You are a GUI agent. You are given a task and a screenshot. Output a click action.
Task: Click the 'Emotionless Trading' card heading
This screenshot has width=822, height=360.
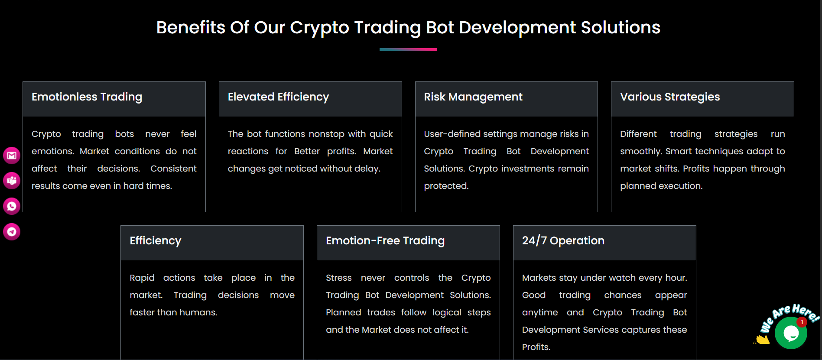pos(87,97)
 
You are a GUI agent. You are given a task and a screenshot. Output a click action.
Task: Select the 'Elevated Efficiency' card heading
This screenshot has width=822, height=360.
pos(278,97)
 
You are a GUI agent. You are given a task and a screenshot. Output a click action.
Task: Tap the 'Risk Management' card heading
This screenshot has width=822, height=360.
pos(473,97)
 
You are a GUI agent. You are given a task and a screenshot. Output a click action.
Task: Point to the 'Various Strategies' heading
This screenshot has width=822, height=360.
pos(669,97)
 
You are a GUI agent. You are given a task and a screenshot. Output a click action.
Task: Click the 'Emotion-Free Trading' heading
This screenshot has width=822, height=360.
pos(385,241)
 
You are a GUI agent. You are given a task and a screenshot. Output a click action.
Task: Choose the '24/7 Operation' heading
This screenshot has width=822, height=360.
pos(563,241)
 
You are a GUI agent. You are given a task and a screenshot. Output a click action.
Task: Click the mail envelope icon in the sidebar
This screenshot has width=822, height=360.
pos(12,156)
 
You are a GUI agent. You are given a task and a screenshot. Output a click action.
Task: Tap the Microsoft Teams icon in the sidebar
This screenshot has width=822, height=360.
pos(12,181)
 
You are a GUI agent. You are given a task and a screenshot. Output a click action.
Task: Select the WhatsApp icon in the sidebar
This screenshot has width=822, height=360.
pos(12,206)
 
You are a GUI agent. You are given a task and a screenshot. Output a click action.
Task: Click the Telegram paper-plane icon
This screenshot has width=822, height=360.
pos(12,232)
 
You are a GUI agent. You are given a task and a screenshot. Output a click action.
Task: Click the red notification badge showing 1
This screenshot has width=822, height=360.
pos(802,322)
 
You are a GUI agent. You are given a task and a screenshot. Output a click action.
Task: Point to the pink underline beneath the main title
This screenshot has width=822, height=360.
pos(408,50)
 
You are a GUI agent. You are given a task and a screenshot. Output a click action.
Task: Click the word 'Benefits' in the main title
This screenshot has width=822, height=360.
pos(191,28)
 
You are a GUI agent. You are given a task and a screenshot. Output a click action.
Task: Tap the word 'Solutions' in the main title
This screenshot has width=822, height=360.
pos(620,28)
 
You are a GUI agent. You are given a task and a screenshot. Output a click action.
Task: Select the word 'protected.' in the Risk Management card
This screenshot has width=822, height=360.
pos(446,186)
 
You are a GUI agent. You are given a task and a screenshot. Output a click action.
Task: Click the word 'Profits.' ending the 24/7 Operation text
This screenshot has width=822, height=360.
pos(536,347)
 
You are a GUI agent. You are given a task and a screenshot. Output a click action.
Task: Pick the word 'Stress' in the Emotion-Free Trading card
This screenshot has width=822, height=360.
pos(338,278)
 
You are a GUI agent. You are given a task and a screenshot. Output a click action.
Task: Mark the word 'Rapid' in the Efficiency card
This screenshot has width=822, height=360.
pos(142,278)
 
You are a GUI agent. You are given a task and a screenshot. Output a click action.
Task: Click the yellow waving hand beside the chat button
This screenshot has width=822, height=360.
pos(762,340)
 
